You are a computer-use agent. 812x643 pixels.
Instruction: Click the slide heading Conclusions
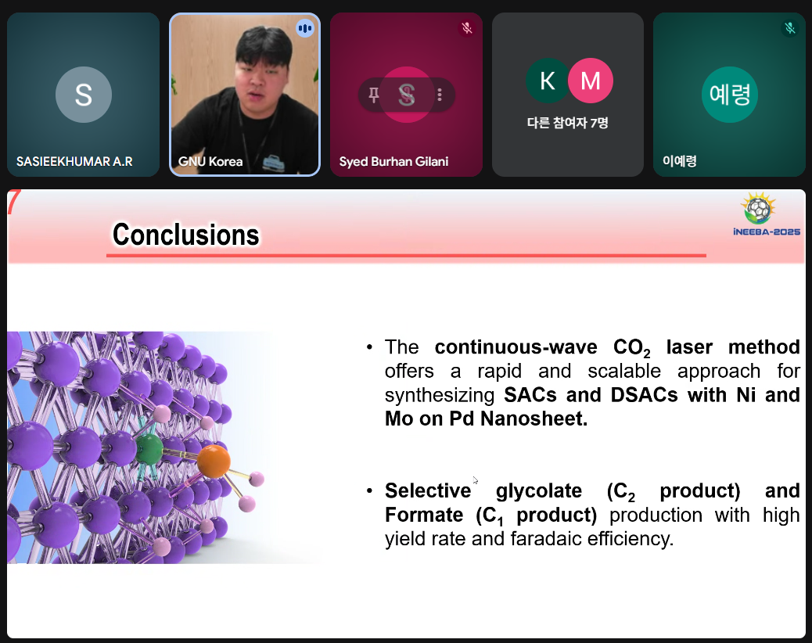pos(186,235)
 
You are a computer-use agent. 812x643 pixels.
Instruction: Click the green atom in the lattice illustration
pos(149,448)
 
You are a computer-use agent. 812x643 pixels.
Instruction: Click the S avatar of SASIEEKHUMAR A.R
pos(84,95)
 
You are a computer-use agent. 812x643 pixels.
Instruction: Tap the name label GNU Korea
pos(210,161)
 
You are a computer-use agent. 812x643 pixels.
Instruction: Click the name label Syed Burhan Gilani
pos(393,161)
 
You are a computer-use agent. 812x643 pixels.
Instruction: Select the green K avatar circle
pos(548,81)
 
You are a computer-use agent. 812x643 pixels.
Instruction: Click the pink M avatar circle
pos(591,81)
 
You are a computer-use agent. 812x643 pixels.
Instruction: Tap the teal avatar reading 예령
pos(730,95)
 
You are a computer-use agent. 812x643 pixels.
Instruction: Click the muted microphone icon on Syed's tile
pos(467,28)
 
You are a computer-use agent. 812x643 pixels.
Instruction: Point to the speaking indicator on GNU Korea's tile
pos(305,28)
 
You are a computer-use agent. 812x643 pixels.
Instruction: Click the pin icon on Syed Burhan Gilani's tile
pos(373,95)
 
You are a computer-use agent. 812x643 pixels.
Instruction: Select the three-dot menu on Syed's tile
pos(440,95)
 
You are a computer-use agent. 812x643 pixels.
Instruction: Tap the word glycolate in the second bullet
pos(538,490)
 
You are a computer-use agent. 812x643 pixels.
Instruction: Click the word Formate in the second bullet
pos(424,515)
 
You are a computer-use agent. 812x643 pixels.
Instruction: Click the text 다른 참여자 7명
pos(568,123)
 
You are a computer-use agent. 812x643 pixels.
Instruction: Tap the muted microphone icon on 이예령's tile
pos(790,28)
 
